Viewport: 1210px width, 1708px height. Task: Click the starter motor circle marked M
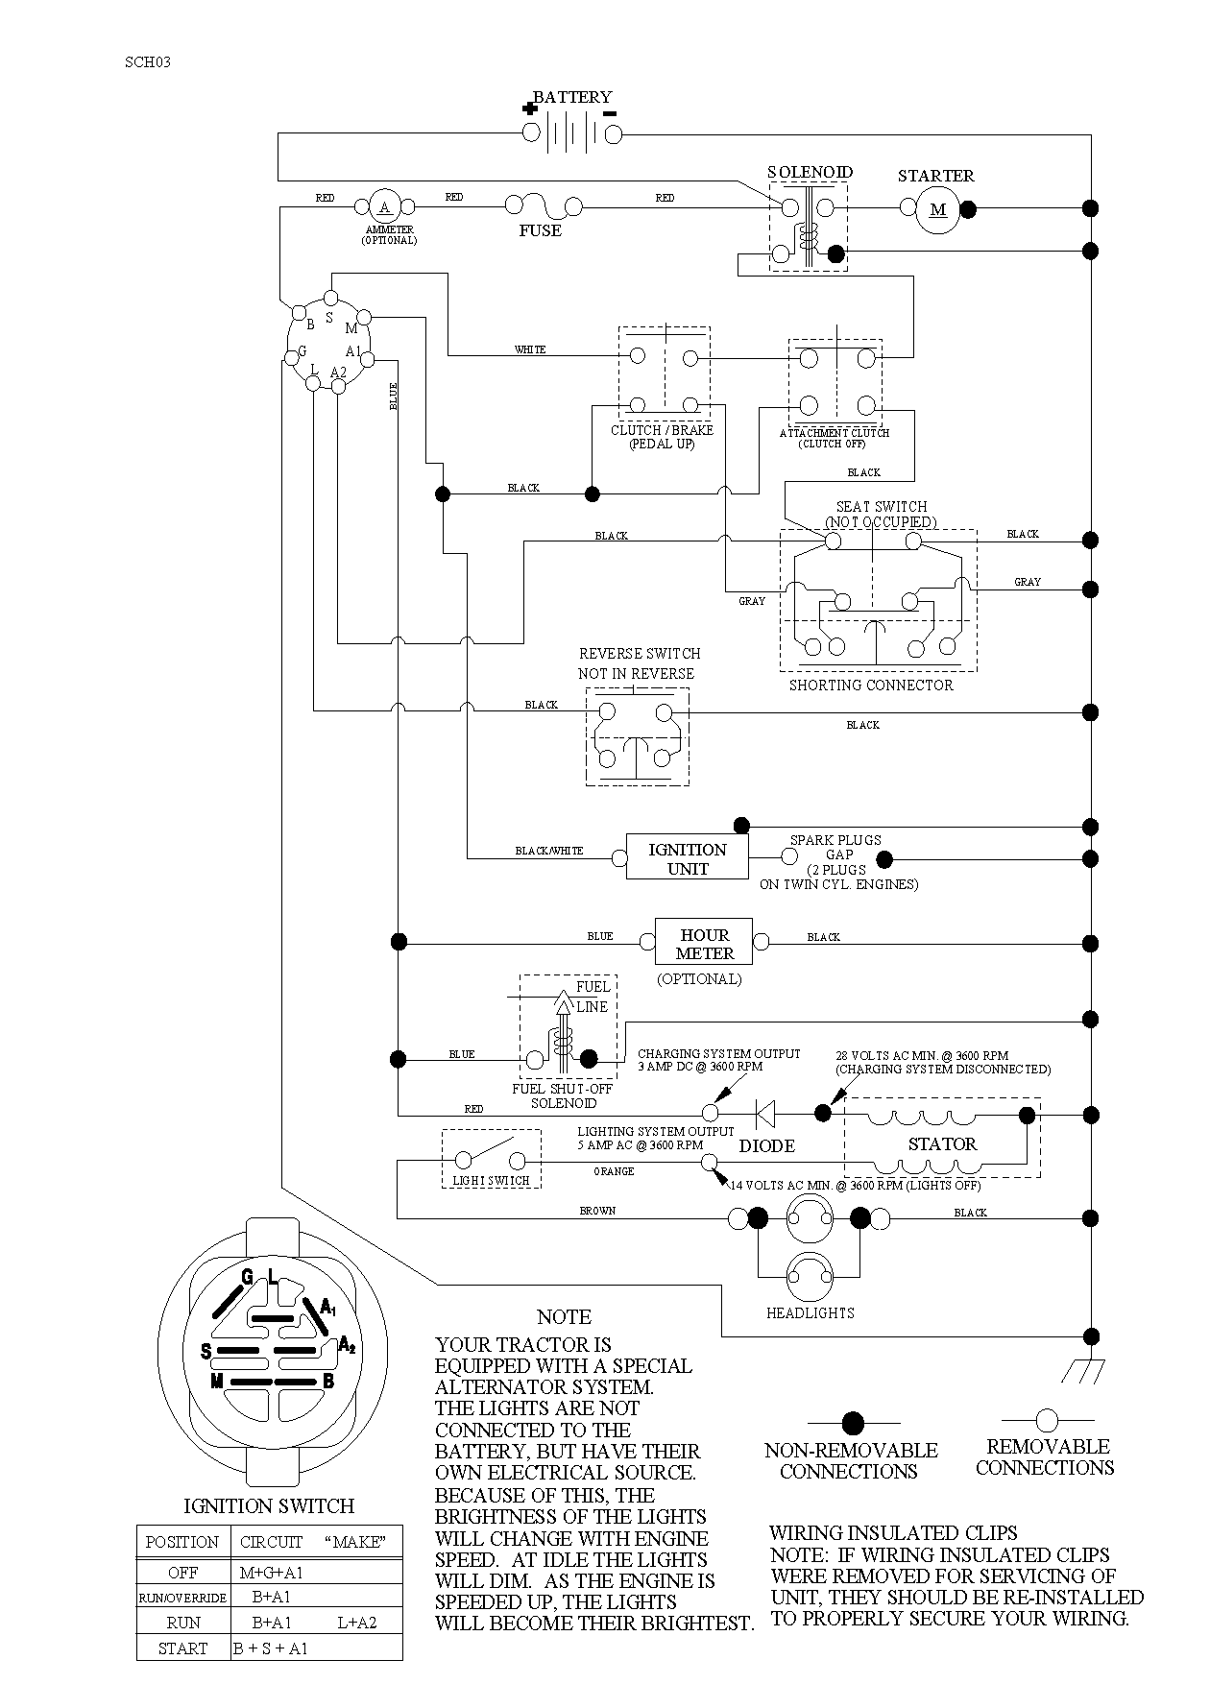938,209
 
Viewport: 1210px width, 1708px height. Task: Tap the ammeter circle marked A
385,206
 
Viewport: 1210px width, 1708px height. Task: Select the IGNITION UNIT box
688,857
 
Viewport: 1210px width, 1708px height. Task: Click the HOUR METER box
704,943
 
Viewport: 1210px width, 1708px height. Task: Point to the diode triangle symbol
765,1114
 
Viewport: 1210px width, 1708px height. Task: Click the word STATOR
942,1144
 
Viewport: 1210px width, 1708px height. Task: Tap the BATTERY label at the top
572,97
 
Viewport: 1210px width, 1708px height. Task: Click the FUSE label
541,230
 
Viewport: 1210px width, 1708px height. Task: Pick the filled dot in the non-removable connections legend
853,1423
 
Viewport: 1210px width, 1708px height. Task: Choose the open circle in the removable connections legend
1047,1420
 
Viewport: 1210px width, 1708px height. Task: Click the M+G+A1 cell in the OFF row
272,1574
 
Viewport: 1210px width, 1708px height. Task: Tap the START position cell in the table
182,1648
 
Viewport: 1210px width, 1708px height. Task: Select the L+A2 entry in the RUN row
357,1623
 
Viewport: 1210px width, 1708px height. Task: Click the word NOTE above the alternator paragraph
564,1317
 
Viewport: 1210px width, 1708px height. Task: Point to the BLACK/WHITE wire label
549,851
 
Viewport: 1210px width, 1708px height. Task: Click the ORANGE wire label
614,1171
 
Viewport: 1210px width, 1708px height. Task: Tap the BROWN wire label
597,1211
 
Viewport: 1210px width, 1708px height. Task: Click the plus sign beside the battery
530,108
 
